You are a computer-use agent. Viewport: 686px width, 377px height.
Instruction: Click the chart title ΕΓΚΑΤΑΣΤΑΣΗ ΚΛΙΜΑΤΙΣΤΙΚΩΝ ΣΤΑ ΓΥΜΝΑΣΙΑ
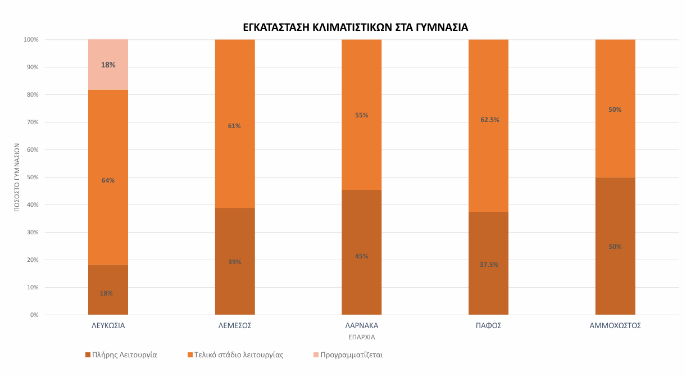click(356, 28)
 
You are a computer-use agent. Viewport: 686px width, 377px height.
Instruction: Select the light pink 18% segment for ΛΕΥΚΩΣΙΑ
click(108, 65)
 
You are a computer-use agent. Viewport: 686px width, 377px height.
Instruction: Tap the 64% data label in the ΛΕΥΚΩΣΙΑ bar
click(108, 180)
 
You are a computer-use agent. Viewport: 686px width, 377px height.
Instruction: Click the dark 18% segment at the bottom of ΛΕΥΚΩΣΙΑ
click(108, 290)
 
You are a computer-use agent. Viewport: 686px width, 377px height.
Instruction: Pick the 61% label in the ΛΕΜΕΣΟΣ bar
click(234, 126)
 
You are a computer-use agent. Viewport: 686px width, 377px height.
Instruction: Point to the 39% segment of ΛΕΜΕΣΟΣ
click(235, 261)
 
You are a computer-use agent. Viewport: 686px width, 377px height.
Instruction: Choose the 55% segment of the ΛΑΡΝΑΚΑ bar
click(362, 115)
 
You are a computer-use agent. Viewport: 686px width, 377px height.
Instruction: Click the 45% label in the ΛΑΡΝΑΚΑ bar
click(362, 256)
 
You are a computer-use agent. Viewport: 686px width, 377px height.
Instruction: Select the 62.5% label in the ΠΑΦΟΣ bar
click(490, 120)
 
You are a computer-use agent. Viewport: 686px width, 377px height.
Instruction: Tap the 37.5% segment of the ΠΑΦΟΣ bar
click(488, 264)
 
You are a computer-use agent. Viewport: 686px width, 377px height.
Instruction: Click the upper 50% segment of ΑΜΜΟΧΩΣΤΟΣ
click(615, 108)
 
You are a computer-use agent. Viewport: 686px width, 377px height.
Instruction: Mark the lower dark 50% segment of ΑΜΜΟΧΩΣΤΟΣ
click(615, 246)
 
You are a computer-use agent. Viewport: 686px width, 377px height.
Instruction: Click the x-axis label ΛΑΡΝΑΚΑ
click(362, 325)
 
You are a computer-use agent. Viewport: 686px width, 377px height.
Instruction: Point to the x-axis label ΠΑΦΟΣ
click(488, 325)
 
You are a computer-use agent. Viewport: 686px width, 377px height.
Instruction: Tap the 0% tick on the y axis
click(34, 315)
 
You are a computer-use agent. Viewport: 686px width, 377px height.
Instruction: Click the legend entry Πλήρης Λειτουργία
click(121, 355)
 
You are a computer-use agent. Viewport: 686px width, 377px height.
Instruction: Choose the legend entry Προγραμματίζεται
click(348, 355)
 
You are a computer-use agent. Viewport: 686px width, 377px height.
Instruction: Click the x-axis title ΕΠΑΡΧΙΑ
click(362, 337)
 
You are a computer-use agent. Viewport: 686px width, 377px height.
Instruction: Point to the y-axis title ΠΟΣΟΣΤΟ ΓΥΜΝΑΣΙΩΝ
click(17, 178)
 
